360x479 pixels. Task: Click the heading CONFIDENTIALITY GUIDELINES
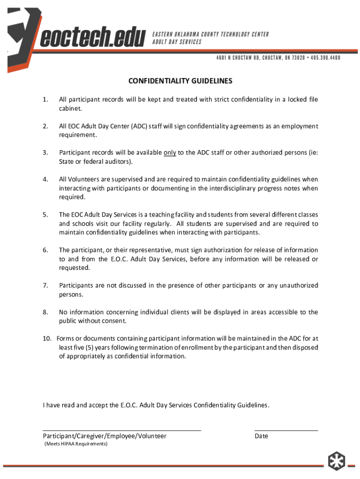click(x=180, y=81)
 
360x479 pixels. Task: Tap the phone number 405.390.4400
click(x=319, y=58)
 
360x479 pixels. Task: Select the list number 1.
click(x=45, y=100)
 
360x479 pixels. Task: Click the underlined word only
click(x=170, y=152)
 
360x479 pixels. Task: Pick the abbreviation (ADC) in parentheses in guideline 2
click(x=139, y=126)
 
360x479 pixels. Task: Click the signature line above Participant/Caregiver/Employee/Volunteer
click(x=122, y=430)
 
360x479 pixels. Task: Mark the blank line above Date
click(x=286, y=430)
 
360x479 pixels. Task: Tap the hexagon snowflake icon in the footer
click(x=335, y=461)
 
